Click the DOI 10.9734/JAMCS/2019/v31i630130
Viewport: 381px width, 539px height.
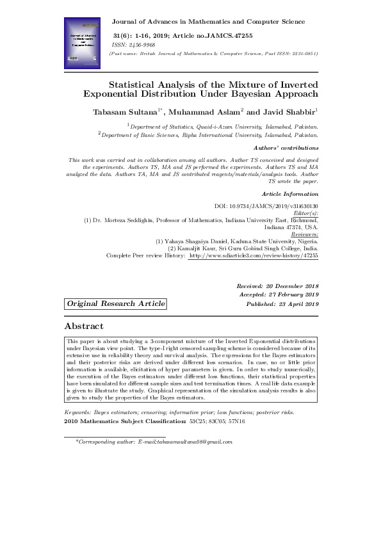coord(266,206)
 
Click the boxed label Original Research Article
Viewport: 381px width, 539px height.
coord(115,303)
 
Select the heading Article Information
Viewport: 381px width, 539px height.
coord(290,193)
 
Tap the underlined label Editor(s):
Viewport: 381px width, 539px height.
coord(305,213)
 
